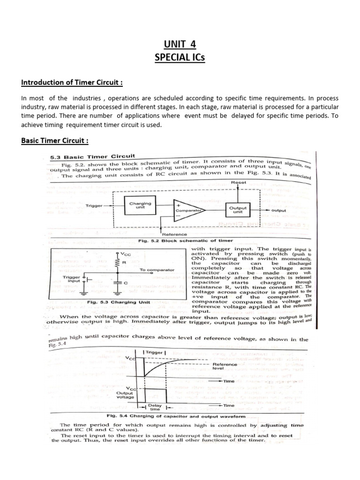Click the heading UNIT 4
coord(180,45)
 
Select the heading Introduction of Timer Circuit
coord(72,83)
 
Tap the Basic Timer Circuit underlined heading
coord(55,141)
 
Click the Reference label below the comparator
coord(174,234)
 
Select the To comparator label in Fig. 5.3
coord(157,270)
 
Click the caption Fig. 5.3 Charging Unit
coord(119,302)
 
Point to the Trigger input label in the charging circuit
coord(71,280)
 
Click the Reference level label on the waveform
coord(225,366)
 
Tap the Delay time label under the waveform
coord(155,407)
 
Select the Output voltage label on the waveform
coord(126,394)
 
